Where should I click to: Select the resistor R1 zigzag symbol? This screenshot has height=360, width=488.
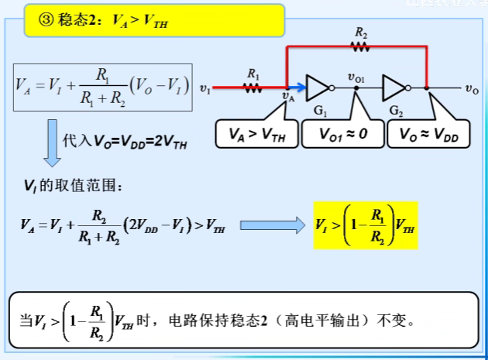click(x=253, y=87)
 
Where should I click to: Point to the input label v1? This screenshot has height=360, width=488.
click(x=204, y=89)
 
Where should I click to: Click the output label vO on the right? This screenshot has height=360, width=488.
click(x=471, y=89)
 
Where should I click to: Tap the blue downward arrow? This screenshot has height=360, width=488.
click(x=52, y=143)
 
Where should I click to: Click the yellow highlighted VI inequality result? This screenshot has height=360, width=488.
click(x=365, y=225)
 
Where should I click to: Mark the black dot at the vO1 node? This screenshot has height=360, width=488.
click(x=356, y=88)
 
